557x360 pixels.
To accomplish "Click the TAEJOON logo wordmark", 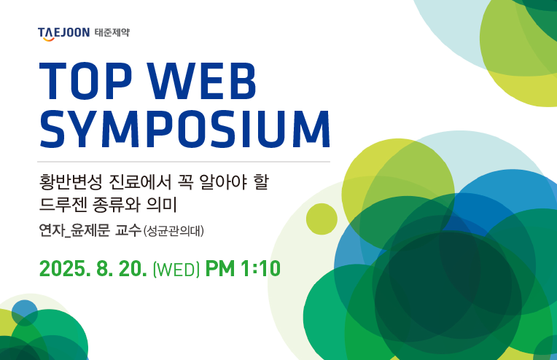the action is (x=63, y=34).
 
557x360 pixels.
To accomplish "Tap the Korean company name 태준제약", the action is (x=112, y=33).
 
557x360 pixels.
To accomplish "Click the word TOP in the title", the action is (x=85, y=82).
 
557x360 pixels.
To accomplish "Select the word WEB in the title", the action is (x=202, y=82).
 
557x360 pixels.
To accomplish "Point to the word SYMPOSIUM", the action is (x=184, y=129).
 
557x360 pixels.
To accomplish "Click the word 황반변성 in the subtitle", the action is (x=70, y=181).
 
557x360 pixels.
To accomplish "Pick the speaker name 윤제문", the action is (x=90, y=231).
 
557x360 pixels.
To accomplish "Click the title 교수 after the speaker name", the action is (x=128, y=231).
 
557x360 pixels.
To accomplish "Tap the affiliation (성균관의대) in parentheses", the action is (x=174, y=231).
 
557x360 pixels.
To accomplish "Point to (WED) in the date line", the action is (x=176, y=270).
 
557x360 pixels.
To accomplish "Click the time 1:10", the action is (x=261, y=268).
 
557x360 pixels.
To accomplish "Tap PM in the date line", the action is (x=220, y=268).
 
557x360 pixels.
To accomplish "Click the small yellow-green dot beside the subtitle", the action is (x=322, y=219).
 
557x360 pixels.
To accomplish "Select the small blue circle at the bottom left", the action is (x=25, y=313).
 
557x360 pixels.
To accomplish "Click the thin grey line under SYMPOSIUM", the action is (x=184, y=162).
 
